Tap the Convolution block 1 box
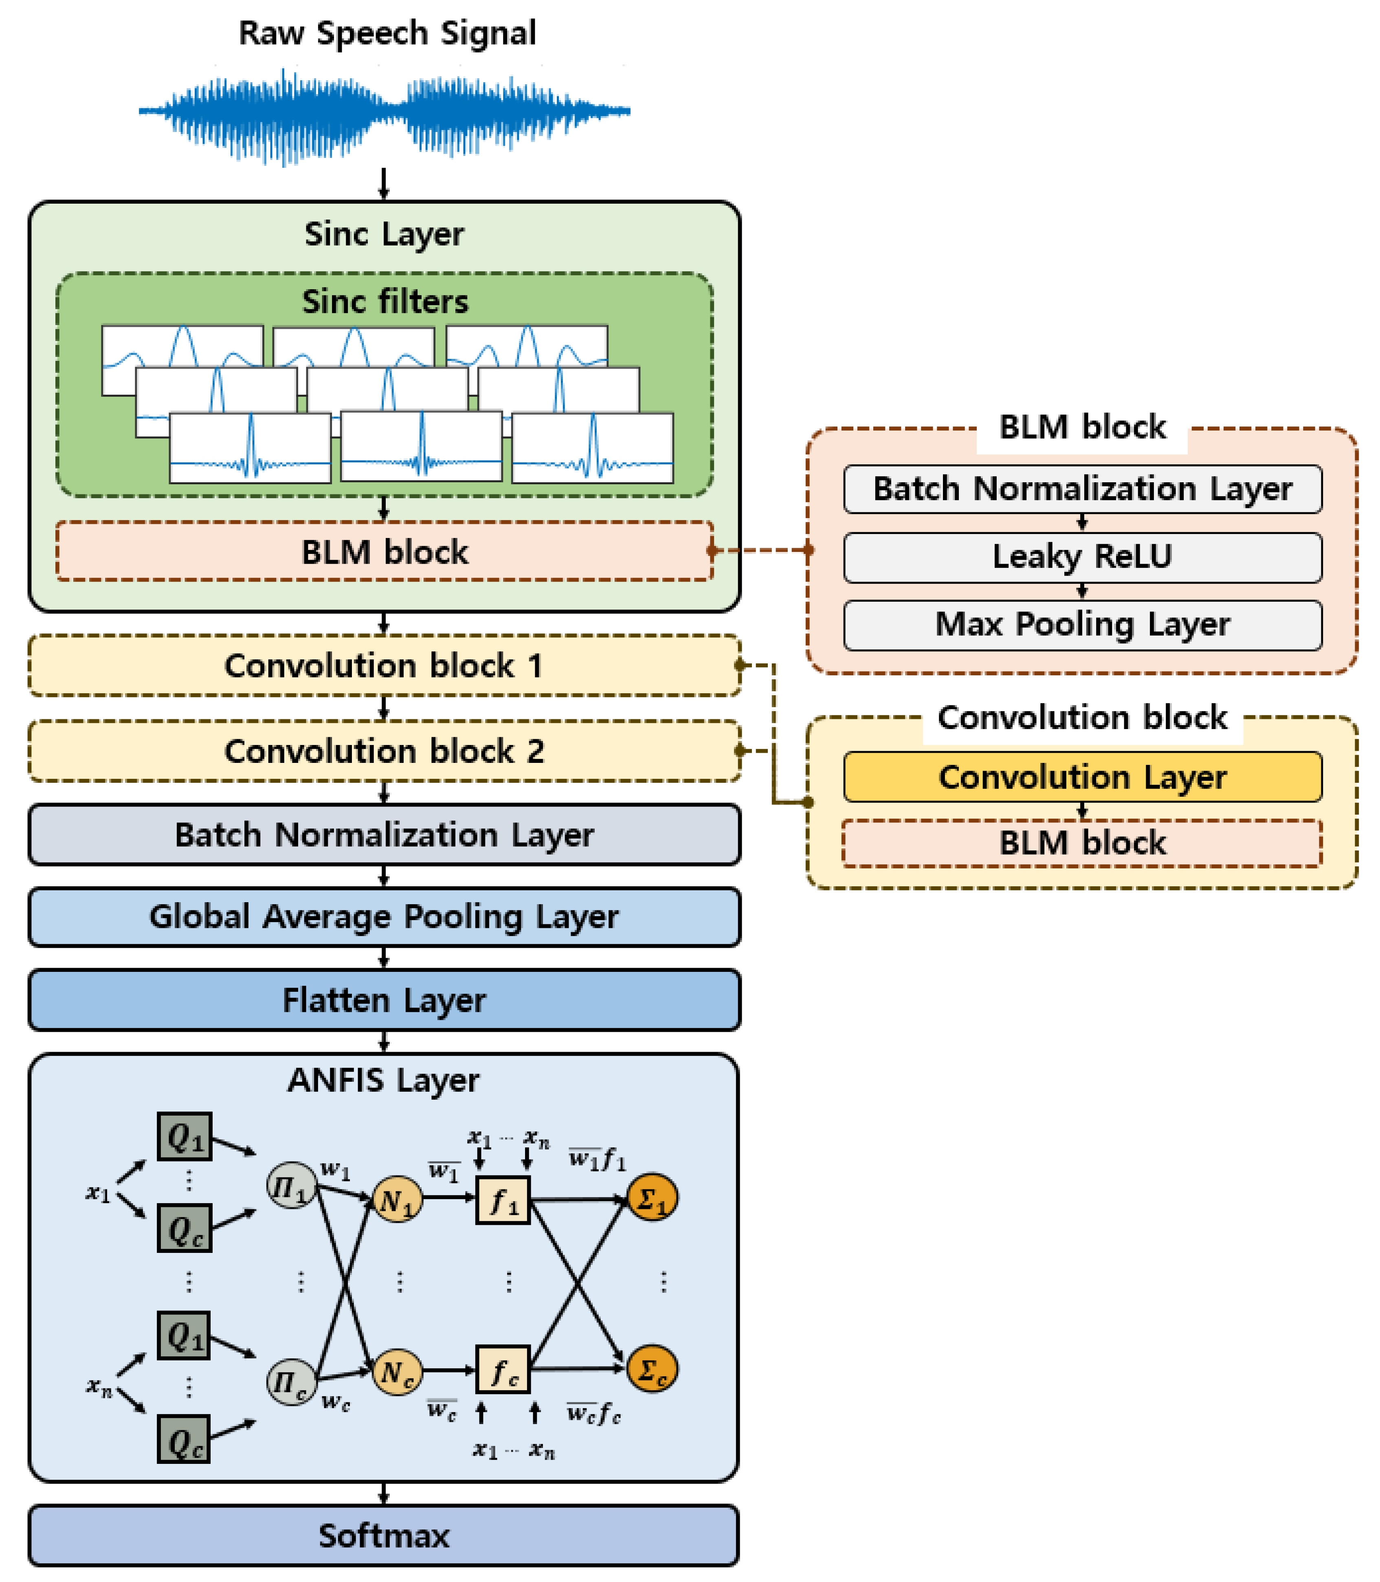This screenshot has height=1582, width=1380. (384, 666)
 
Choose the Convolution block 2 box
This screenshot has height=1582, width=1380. (384, 751)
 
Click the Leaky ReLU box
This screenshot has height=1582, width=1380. (1082, 556)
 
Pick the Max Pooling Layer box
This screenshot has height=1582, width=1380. (1082, 624)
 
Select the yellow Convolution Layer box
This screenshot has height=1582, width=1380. (1082, 776)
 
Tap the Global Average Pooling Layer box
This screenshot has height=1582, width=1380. (384, 916)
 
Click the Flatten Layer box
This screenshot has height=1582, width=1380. (384, 1000)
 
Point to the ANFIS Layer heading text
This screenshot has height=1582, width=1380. (384, 1080)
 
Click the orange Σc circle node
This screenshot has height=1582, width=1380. (652, 1369)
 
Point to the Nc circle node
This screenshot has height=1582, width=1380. (398, 1371)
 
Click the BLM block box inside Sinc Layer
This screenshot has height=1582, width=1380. (384, 552)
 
